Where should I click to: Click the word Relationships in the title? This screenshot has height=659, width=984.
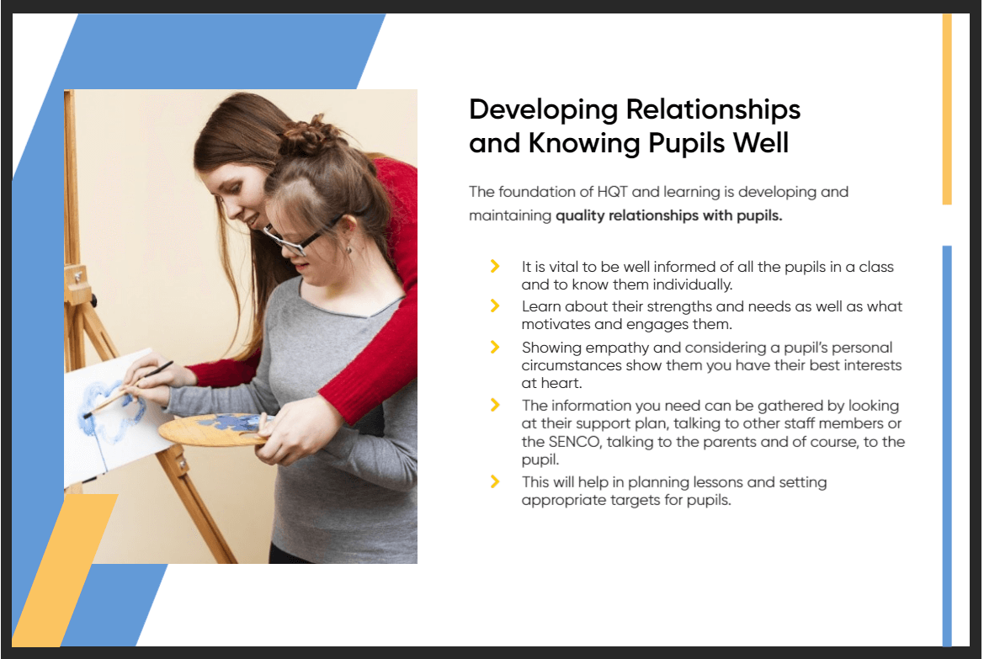pos(713,109)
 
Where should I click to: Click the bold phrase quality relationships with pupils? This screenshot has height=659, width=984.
pos(669,216)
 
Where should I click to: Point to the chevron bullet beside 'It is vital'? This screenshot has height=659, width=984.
pos(495,266)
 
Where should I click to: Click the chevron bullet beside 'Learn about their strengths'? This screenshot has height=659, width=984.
pos(495,306)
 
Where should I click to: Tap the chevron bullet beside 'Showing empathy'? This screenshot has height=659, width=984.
pos(495,347)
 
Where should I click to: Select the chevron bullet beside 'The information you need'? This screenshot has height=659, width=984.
pos(495,405)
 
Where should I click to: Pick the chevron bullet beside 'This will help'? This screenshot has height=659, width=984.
pos(495,481)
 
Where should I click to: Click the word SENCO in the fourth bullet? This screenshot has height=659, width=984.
pos(562,442)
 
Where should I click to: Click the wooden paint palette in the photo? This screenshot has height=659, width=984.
pos(213,429)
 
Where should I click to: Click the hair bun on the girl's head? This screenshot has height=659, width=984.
pos(310,136)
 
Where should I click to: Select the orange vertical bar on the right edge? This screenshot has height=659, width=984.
pos(947,109)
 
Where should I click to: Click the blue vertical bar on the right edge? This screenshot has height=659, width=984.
pos(947,445)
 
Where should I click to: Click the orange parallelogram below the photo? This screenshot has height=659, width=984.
pos(65,570)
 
